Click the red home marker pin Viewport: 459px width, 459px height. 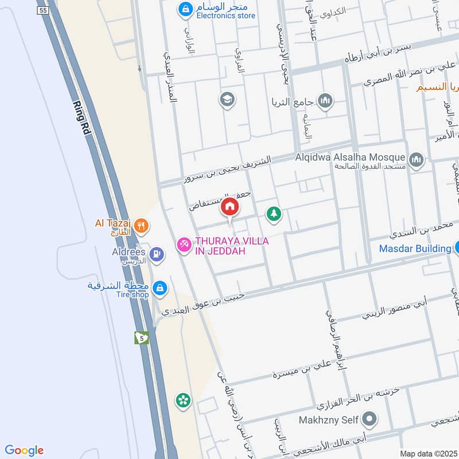[230, 208]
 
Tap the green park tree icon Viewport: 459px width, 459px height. [274, 214]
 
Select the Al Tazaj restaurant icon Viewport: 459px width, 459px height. [142, 227]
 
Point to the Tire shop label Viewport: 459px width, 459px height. [131, 295]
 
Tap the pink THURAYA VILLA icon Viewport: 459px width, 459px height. [184, 245]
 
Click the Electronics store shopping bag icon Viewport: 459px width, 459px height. [185, 9]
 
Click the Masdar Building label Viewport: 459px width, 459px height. [415, 248]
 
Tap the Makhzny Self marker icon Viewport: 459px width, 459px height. [370, 419]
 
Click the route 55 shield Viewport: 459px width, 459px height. [42, 11]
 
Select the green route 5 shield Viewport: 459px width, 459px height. [142, 337]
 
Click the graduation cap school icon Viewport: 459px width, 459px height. [227, 100]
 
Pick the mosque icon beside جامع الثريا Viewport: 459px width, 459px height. [325, 101]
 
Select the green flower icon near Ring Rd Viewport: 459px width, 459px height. [183, 400]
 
